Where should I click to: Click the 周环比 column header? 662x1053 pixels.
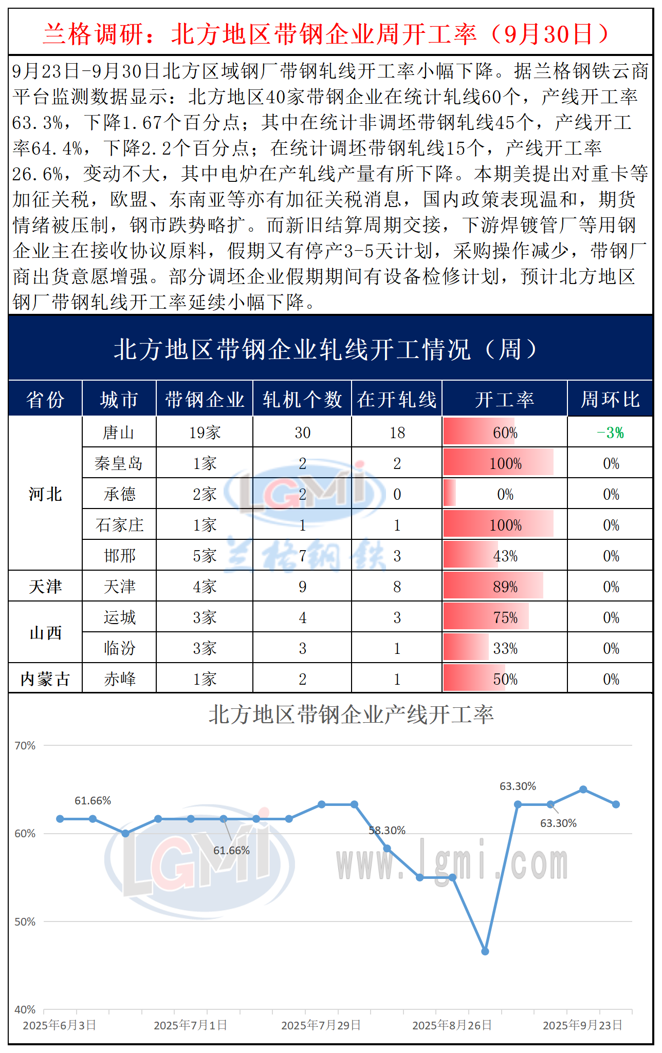[x=610, y=399]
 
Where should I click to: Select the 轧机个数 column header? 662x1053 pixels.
[x=302, y=399]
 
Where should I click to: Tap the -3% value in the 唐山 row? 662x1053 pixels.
[x=610, y=433]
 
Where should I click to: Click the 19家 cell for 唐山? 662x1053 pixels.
[x=205, y=433]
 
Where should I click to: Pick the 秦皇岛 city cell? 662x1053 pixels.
[x=119, y=463]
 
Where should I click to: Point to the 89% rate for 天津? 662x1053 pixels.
[x=505, y=587]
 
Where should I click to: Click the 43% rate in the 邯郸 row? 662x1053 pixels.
[x=505, y=556]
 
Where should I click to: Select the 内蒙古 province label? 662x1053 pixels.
[x=45, y=679]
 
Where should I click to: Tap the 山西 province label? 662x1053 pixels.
[x=45, y=633]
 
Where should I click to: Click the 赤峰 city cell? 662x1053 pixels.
[x=119, y=679]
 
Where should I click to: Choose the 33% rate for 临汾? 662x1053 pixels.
[x=505, y=648]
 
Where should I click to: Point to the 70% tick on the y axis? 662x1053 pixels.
[x=25, y=745]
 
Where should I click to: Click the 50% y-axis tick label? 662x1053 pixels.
[x=25, y=922]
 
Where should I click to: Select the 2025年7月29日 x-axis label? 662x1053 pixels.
[x=321, y=1025]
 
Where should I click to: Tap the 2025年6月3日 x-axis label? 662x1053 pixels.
[x=60, y=1025]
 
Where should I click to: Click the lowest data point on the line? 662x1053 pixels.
[x=485, y=951]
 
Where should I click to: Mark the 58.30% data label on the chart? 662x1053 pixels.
[x=387, y=831]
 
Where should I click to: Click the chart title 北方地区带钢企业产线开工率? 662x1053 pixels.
[x=351, y=714]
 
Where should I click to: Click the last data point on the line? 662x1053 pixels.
[x=616, y=804]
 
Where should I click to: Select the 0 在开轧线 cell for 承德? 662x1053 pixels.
[x=397, y=494]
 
